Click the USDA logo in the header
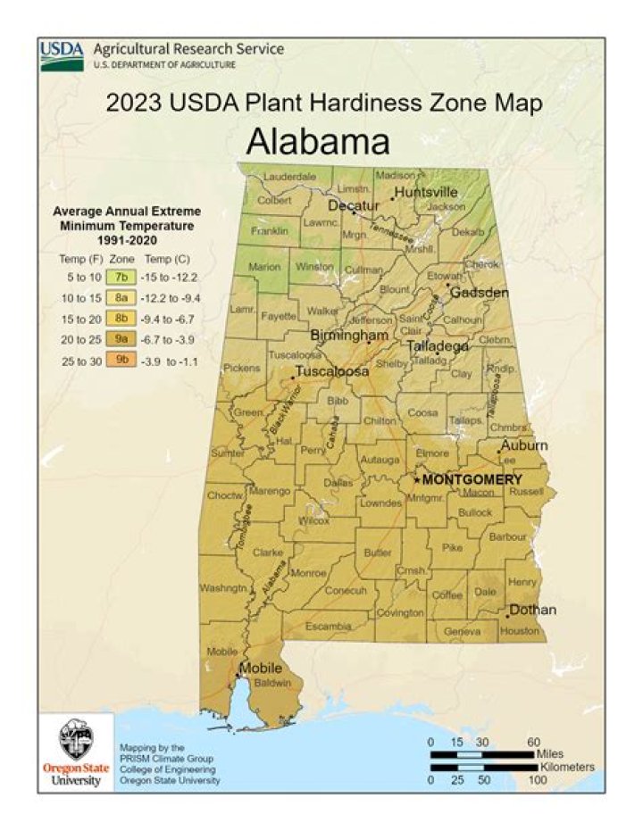pyautogui.click(x=62, y=55)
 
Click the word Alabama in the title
pyautogui.click(x=318, y=142)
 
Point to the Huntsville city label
pyautogui.click(x=426, y=192)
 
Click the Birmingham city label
pyautogui.click(x=349, y=335)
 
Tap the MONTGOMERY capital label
pyautogui.click(x=472, y=479)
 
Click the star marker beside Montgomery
pyautogui.click(x=416, y=480)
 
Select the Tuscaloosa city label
pyautogui.click(x=332, y=371)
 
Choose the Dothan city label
pyautogui.click(x=532, y=611)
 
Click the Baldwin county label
pyautogui.click(x=274, y=684)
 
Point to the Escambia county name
pyautogui.click(x=329, y=627)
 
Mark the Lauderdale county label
pyautogui.click(x=289, y=177)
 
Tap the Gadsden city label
pyautogui.click(x=479, y=293)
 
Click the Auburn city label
pyautogui.click(x=524, y=445)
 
